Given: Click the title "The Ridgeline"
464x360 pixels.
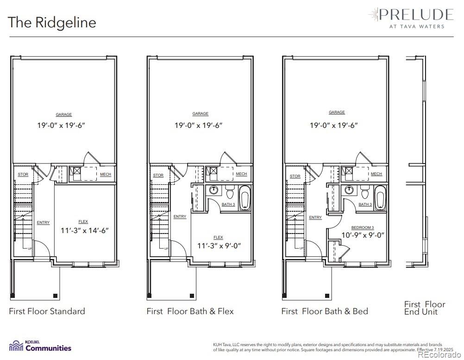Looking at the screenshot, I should [x=52, y=22].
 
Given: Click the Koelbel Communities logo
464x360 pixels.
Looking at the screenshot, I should [x=40, y=346].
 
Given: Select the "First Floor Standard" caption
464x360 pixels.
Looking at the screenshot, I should [x=47, y=311].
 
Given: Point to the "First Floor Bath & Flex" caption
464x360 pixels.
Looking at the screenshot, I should [x=190, y=311].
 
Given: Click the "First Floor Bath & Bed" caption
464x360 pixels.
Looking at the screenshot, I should [x=325, y=311].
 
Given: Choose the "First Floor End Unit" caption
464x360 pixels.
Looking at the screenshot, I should [x=424, y=308].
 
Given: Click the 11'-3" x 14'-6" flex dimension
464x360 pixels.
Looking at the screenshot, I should [x=85, y=230].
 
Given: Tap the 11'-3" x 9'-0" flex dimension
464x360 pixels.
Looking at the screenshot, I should [x=219, y=246].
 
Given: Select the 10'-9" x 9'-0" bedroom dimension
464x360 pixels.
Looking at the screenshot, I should [x=363, y=235].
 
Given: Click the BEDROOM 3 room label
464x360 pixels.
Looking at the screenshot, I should [x=363, y=227].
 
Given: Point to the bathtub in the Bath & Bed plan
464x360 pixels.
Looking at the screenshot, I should [x=380, y=198].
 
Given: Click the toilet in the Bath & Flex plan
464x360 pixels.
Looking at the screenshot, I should [x=229, y=191].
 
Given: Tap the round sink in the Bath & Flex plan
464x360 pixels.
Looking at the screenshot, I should [x=214, y=190].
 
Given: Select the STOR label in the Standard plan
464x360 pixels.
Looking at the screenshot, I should [x=23, y=175].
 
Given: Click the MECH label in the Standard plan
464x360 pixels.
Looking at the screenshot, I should [x=106, y=175].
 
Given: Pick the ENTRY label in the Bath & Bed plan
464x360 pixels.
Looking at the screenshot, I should [x=315, y=217].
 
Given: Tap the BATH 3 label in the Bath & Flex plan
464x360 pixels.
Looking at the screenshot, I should [x=228, y=204].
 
